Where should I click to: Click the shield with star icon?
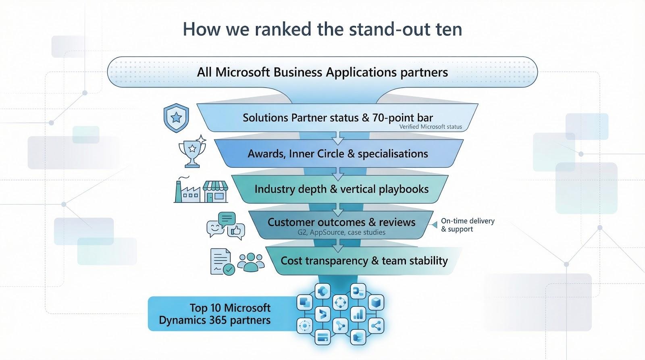[x=176, y=117]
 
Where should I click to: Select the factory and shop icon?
[x=201, y=190]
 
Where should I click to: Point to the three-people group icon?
[x=251, y=262]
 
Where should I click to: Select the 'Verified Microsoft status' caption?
[x=430, y=127]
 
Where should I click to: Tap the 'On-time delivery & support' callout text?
[x=467, y=225]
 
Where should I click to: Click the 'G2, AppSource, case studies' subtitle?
[x=341, y=232]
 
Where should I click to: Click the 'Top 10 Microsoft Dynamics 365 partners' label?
[x=215, y=314]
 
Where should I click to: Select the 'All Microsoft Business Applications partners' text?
[x=322, y=72]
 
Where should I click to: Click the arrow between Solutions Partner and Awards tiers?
[x=338, y=139]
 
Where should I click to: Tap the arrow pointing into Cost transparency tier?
[x=338, y=246]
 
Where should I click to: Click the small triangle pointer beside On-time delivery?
[x=434, y=225]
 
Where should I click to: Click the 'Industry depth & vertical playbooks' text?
[x=341, y=189]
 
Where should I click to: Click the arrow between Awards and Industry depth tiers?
[x=338, y=175]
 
